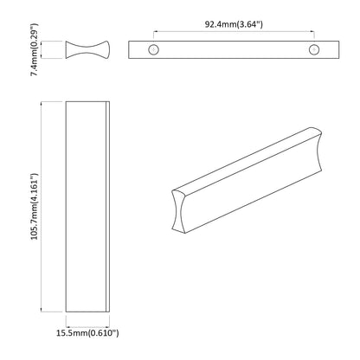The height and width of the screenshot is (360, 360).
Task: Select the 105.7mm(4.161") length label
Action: pyautogui.click(x=35, y=208)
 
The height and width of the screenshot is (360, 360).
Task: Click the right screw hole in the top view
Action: pyautogui.click(x=312, y=49)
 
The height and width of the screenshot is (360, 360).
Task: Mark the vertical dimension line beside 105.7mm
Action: pyautogui.click(x=45, y=208)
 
